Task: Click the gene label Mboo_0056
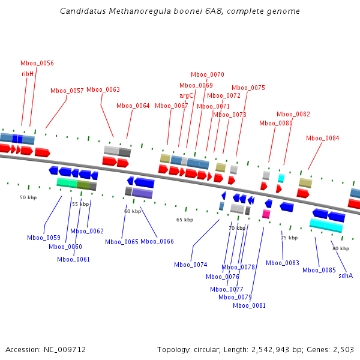point(37,64)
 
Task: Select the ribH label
point(28,74)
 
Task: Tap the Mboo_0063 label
point(103,90)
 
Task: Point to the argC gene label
point(187,95)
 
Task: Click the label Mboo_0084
point(322,139)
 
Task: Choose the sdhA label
point(346,275)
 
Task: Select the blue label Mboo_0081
point(249,305)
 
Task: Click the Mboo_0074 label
point(190,265)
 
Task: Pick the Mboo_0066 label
point(157,241)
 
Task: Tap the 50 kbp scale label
point(28,197)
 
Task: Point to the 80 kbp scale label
point(341,248)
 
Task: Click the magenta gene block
point(266,214)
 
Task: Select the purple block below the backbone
point(142,193)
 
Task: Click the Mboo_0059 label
point(43,238)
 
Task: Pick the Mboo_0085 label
point(319,270)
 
